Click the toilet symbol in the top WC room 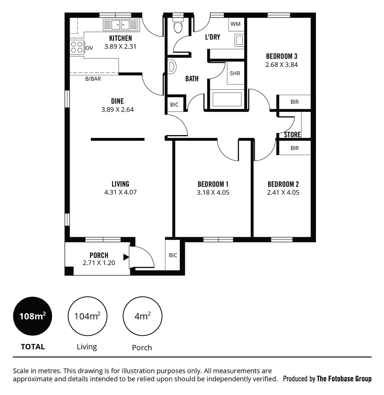(x=178, y=26)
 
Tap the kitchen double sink (x=120, y=25)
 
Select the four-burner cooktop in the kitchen (x=77, y=47)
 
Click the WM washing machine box (x=236, y=24)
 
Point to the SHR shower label (x=235, y=73)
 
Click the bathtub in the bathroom (x=227, y=99)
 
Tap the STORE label (x=292, y=135)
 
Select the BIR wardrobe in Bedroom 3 (x=294, y=102)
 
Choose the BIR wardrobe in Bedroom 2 (x=294, y=148)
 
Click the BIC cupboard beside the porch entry (x=173, y=255)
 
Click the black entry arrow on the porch (x=126, y=257)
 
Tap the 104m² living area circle (x=87, y=316)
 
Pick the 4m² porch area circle (x=142, y=316)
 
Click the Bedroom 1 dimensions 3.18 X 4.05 (x=213, y=192)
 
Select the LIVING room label (x=120, y=184)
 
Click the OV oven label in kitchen (x=89, y=48)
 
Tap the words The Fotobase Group (x=344, y=379)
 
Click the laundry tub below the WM (x=239, y=40)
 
